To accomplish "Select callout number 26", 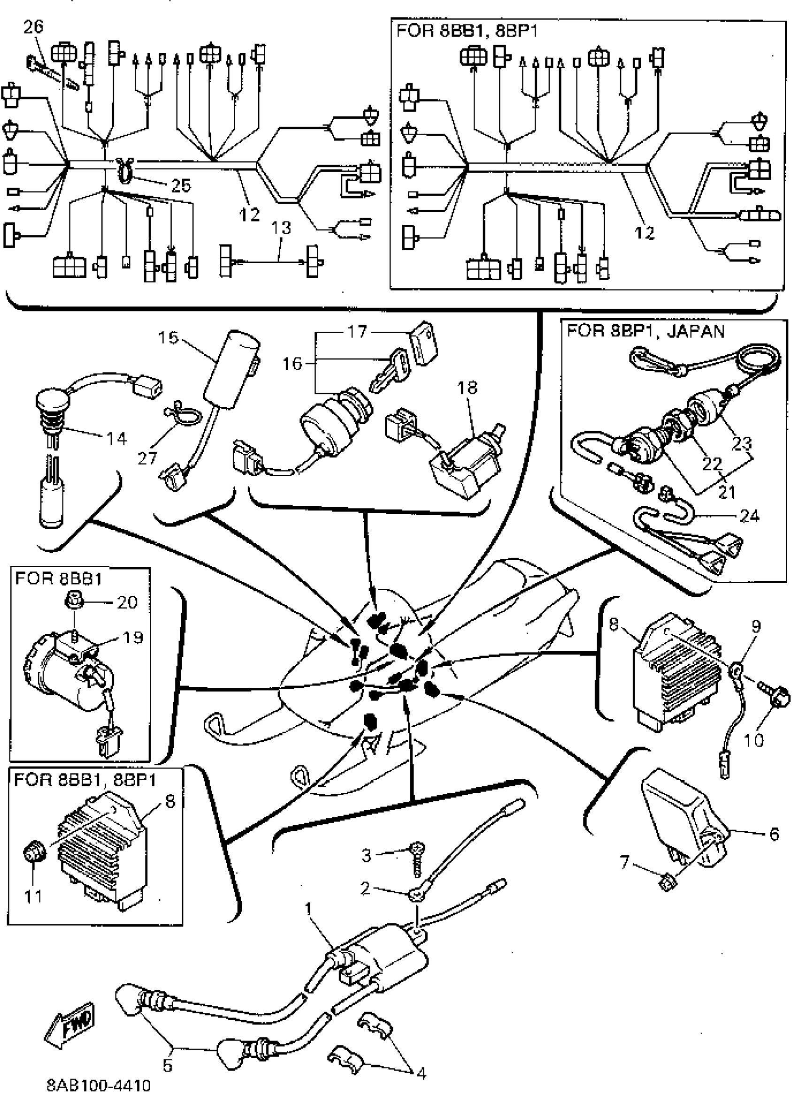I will coord(33,27).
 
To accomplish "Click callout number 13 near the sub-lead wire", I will coord(281,228).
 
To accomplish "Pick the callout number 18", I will coord(467,388).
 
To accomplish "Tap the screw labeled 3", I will coord(417,859).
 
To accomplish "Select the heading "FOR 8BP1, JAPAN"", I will coord(645,331).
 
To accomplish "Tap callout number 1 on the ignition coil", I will coord(308,909).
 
